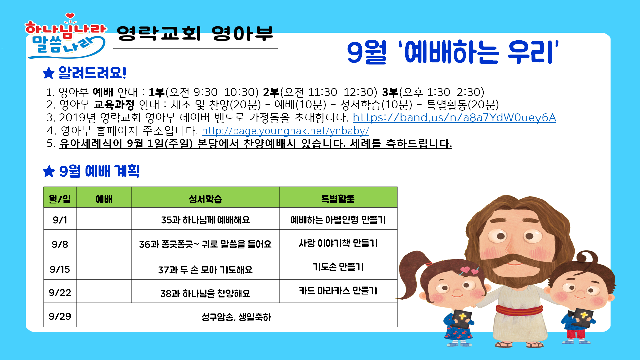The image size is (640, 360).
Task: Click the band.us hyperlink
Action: point(454,117)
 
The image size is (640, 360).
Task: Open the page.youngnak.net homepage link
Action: point(285,131)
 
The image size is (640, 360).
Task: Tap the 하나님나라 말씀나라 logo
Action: point(66,36)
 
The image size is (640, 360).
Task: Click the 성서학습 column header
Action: point(205,199)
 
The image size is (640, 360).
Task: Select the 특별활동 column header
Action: point(338,199)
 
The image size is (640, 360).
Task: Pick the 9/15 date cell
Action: point(60,269)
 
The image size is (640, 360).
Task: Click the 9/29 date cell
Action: point(60,316)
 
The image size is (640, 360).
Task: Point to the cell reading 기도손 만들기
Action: point(338,267)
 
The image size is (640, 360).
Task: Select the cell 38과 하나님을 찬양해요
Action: point(205,293)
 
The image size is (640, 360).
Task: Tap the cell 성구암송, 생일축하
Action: point(236,317)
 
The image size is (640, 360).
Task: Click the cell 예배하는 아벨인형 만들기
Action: point(338,220)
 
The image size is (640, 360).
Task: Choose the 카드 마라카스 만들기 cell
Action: point(338,290)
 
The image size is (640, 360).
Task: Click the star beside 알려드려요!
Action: point(49,73)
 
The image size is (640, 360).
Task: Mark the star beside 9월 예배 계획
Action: point(49,171)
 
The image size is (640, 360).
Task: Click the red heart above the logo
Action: point(70,16)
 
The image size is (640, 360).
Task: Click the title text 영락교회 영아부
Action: point(195,33)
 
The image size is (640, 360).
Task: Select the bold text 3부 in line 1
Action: point(390,92)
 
